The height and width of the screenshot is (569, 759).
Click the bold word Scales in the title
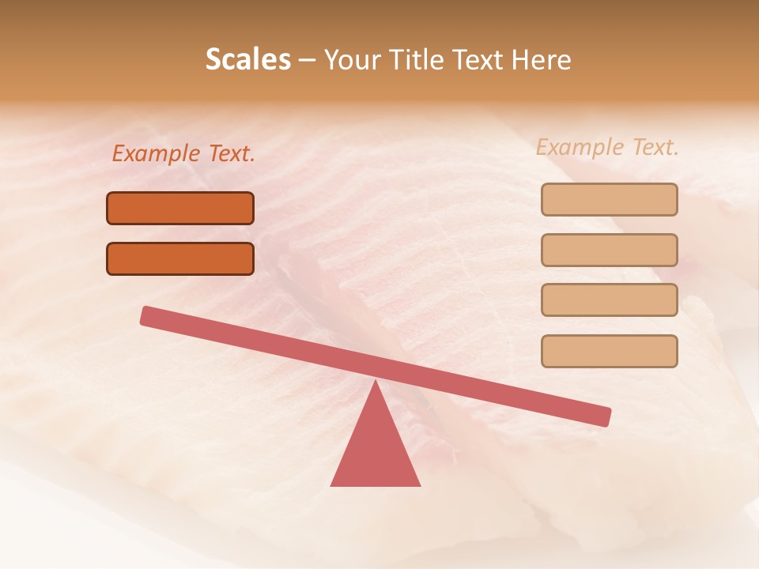247,59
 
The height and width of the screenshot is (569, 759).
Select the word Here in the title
541,59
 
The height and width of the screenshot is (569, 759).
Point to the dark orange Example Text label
183,153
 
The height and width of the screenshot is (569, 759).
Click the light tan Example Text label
607,147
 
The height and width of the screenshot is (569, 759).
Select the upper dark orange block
180,208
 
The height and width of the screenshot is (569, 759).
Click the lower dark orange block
180,258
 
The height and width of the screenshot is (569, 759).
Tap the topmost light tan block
609,199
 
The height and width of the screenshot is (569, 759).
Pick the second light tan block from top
609,250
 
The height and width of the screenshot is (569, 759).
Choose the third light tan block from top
609,300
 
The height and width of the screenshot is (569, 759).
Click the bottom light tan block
609,351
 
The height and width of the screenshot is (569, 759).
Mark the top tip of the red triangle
376,382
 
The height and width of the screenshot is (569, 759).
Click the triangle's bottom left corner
332,484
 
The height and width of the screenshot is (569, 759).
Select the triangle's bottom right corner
418,484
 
